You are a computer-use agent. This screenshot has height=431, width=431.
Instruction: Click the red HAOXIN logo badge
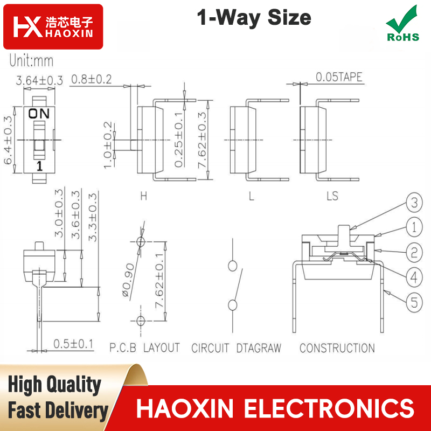[x=53, y=26]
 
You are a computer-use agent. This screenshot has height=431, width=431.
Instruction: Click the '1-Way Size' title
[x=254, y=18]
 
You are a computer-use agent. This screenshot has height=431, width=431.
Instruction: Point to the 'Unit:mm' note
[x=31, y=60]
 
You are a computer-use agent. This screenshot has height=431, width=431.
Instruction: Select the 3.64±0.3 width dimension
[x=39, y=80]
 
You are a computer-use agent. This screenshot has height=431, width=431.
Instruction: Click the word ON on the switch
[x=39, y=114]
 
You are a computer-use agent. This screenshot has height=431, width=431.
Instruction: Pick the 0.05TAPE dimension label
[x=339, y=77]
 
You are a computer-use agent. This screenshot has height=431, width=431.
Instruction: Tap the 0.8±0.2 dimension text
[x=92, y=79]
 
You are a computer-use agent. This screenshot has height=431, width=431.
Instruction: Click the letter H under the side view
[x=144, y=196]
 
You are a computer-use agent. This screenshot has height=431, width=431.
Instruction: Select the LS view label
[x=332, y=196]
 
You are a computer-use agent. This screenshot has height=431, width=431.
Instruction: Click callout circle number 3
[x=414, y=203]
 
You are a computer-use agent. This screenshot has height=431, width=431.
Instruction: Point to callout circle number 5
[x=414, y=303]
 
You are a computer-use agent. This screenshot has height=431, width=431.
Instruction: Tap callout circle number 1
[x=414, y=227]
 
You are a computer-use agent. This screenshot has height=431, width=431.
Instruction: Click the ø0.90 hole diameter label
[x=128, y=280]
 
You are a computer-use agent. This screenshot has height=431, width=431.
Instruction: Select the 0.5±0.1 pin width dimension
[x=73, y=344]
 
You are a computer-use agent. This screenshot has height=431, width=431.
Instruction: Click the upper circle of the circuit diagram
[x=233, y=266]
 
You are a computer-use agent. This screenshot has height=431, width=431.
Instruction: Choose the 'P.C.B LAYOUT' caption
[x=144, y=347]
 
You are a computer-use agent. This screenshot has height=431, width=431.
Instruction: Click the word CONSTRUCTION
[x=337, y=348]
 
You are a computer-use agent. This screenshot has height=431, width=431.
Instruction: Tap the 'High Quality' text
[x=55, y=385]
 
